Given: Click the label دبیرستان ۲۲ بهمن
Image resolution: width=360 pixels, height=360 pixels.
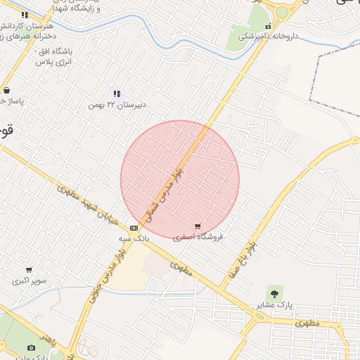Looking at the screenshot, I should (117, 105).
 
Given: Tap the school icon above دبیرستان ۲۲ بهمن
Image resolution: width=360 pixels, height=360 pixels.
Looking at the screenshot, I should (117, 94).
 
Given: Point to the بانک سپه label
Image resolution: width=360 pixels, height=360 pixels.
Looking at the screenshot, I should (134, 238).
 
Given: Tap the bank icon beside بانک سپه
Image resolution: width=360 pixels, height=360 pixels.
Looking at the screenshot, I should (134, 228).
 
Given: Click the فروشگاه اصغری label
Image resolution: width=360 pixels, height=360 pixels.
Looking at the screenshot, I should (198, 237).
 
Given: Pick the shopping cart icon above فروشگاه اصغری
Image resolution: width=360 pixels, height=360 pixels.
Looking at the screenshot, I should (198, 226).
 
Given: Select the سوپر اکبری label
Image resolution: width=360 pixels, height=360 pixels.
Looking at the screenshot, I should (29, 281).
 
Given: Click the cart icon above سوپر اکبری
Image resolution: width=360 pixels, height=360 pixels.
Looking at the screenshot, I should (29, 270).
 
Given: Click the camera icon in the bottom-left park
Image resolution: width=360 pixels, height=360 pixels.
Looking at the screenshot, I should (31, 347).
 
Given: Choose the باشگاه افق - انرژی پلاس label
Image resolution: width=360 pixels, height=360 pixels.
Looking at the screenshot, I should (54, 56).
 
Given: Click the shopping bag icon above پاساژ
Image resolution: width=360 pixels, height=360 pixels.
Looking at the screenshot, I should (6, 90).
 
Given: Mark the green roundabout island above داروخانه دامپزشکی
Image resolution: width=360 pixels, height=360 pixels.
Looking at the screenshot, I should (282, 12).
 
